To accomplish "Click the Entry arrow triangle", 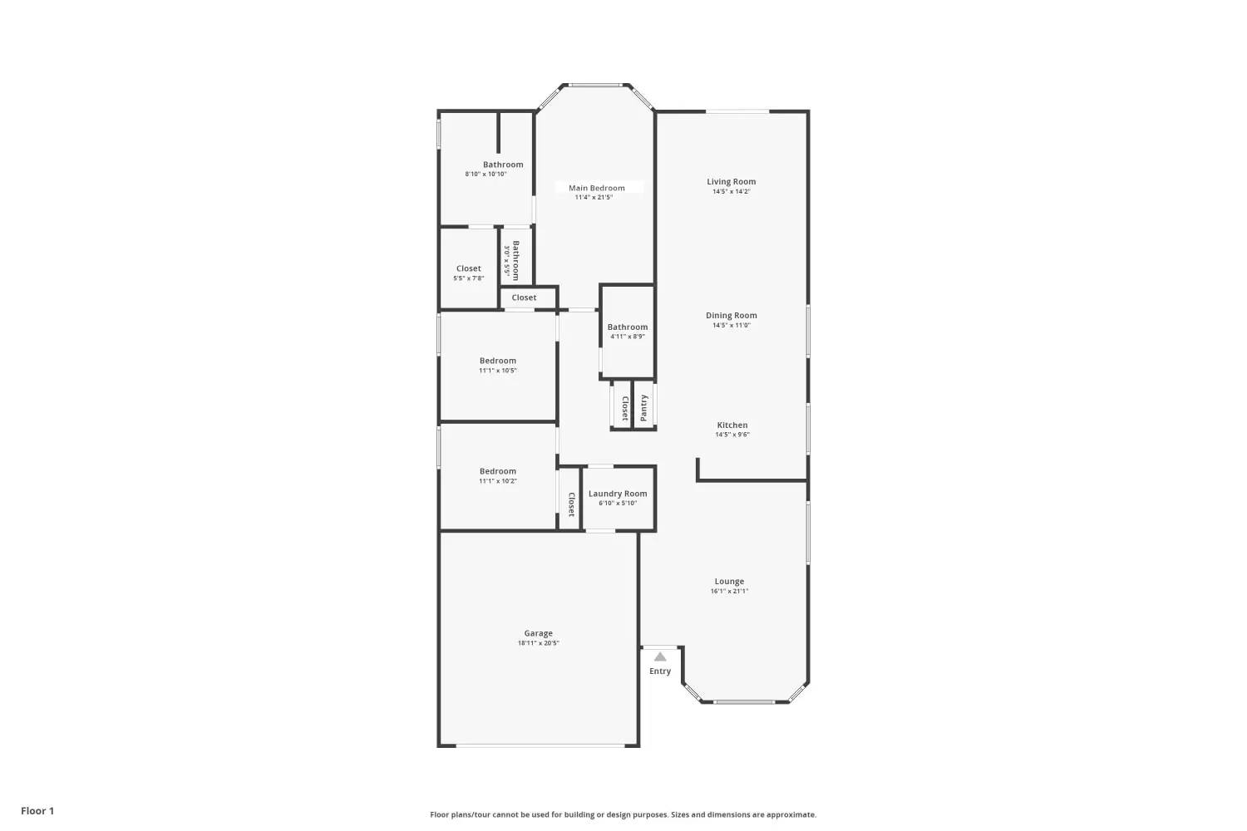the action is [660, 656].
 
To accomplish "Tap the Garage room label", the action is [539, 633].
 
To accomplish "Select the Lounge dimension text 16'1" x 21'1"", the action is [729, 591].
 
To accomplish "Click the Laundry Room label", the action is [618, 494].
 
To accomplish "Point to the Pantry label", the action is [644, 407].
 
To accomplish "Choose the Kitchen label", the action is [732, 425].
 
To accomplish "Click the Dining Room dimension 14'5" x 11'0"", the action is [732, 325].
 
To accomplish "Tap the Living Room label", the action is [732, 181].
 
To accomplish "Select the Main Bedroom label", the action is [597, 188].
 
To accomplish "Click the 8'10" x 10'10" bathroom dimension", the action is [486, 175].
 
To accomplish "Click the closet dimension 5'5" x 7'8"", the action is [469, 278].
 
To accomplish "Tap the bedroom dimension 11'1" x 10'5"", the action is [498, 371].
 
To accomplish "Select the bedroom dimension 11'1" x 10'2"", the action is [498, 481].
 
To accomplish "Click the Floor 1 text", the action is [38, 811].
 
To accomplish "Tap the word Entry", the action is [660, 671].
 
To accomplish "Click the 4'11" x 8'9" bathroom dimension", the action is [628, 337].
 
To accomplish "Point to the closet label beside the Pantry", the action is [625, 408].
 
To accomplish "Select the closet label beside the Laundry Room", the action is [571, 504].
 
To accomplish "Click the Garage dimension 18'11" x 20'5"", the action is [539, 643].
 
